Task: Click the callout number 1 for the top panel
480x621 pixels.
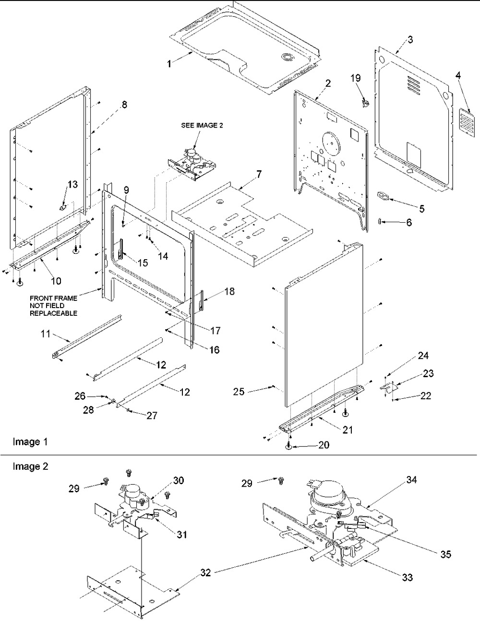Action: coord(169,63)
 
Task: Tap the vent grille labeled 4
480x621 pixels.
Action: coord(466,121)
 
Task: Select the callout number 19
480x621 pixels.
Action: coord(356,78)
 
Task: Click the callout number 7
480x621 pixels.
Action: coord(259,174)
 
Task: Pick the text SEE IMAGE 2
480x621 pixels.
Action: coord(202,125)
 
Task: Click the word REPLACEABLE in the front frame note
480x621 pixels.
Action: coord(53,313)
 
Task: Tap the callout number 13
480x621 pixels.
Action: coord(72,184)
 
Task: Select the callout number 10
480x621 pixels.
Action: coord(56,281)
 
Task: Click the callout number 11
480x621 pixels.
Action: coord(46,334)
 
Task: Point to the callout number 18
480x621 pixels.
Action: coord(229,291)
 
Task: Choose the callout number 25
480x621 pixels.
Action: coord(239,392)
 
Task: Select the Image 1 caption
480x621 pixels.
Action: coord(30,442)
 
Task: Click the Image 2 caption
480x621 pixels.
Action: coord(30,466)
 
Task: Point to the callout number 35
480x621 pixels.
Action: coord(445,554)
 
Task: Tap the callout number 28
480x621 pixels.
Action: coord(88,410)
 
